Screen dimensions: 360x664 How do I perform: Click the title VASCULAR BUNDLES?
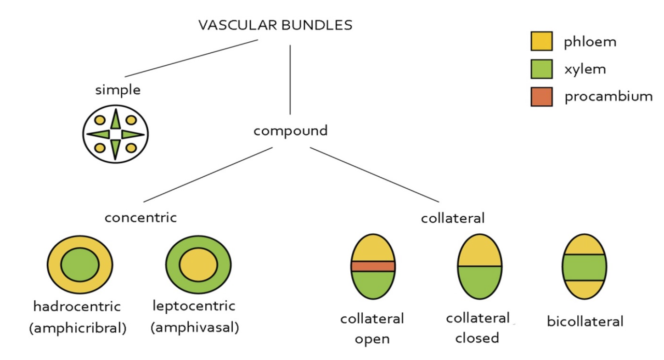[x=275, y=25]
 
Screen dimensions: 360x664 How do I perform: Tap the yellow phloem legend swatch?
[x=541, y=42]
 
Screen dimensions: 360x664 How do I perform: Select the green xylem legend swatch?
[x=541, y=69]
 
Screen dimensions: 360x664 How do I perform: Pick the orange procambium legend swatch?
[x=541, y=96]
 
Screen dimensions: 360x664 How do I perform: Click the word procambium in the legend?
[x=608, y=97]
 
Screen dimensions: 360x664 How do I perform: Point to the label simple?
[x=118, y=90]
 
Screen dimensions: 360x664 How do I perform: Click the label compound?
[x=290, y=131]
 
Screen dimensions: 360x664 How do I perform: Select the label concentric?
[x=141, y=217]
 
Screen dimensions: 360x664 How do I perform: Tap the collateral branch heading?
[x=453, y=218]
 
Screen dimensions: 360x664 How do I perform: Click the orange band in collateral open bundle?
[x=373, y=266]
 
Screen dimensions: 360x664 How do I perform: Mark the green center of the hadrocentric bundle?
[x=80, y=264]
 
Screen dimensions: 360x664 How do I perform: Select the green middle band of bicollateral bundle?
[x=584, y=267]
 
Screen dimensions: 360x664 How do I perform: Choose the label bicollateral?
[x=585, y=321]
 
